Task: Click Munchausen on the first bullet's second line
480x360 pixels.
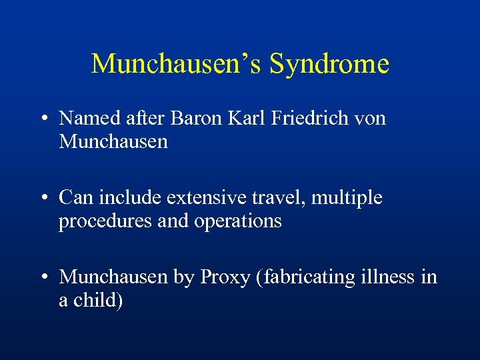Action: click(113, 142)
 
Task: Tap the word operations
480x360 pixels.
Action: click(238, 221)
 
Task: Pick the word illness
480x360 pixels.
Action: click(389, 277)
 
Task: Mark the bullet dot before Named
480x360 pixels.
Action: click(42, 119)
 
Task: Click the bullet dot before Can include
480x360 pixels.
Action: click(42, 199)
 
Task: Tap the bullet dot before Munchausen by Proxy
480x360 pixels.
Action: click(42, 277)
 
